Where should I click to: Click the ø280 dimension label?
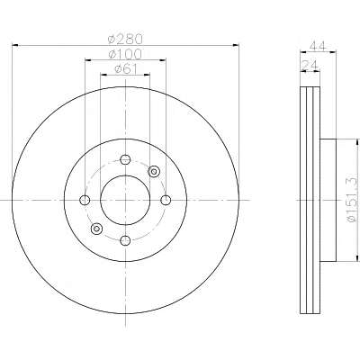125,39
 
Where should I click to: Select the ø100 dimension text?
125,54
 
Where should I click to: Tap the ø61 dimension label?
125,69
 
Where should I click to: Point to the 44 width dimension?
318,46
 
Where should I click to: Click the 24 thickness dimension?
309,64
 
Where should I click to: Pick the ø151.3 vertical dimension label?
353,200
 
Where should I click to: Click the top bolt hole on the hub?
125,159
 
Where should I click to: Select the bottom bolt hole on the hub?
125,240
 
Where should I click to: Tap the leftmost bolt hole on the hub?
85,200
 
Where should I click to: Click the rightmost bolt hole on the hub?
166,200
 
